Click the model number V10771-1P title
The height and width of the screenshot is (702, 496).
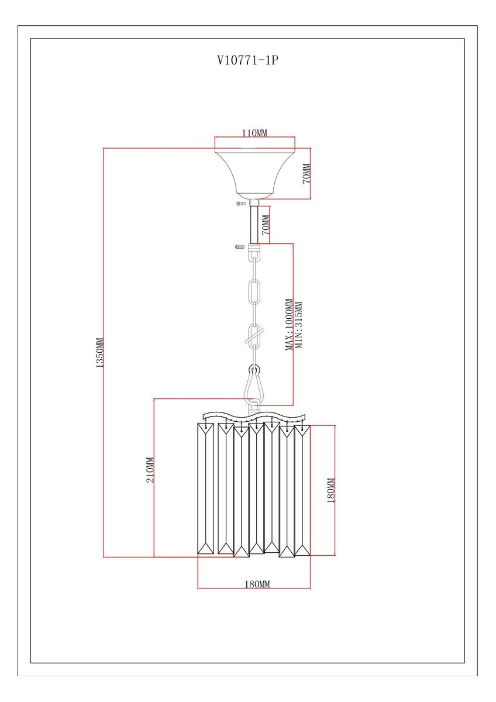pyautogui.click(x=248, y=60)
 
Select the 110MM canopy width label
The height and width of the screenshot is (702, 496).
pyautogui.click(x=254, y=133)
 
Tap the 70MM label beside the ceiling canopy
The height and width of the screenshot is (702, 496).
pyautogui.click(x=306, y=173)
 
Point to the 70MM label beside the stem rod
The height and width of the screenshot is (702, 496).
pyautogui.click(x=266, y=225)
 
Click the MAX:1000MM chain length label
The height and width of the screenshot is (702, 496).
pyautogui.click(x=289, y=324)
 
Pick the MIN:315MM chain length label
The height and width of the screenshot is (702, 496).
pyautogui.click(x=299, y=325)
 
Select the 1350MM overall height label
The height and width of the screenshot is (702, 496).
pyautogui.click(x=99, y=352)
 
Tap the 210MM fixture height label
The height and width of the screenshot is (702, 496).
pyautogui.click(x=150, y=470)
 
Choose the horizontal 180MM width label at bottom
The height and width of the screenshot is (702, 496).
pyautogui.click(x=257, y=584)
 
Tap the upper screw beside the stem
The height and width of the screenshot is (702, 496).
pyautogui.click(x=241, y=204)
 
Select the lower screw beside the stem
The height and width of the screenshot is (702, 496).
pyautogui.click(x=240, y=247)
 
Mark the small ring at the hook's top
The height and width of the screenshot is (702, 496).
pyautogui.click(x=254, y=370)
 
